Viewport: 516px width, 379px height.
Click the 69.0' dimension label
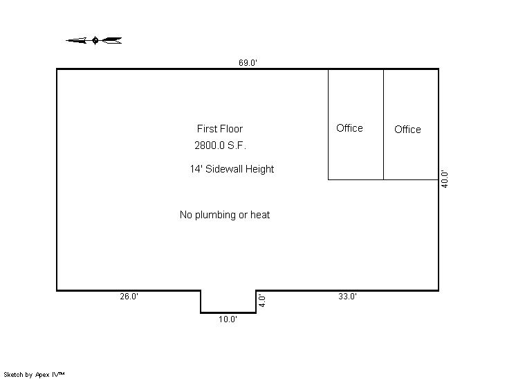coord(248,62)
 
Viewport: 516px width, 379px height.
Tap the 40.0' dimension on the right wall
coord(445,179)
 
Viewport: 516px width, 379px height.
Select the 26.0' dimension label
coord(129,297)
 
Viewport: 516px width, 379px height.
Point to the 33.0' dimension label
coord(347,297)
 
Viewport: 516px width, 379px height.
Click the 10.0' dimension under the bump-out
coord(228,319)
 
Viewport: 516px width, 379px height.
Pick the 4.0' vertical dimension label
coord(262,301)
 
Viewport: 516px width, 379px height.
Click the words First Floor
coord(220,129)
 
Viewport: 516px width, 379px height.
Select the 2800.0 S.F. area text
coord(220,146)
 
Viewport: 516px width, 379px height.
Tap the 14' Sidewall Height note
coord(232,169)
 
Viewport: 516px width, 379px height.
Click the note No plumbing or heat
coord(225,215)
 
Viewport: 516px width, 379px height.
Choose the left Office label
coord(349,128)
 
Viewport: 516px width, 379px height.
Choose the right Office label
coord(407,129)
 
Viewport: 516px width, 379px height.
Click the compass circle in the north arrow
coord(95,40)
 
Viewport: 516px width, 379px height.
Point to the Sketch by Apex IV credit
coord(34,375)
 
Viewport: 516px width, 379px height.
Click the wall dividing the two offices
coord(383,125)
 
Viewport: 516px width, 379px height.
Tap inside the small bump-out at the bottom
coord(228,301)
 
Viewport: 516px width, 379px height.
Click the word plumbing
coord(216,215)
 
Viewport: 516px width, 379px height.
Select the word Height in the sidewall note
coord(259,169)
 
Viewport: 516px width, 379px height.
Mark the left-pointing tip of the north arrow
coord(66,41)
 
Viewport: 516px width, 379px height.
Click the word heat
coord(260,215)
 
